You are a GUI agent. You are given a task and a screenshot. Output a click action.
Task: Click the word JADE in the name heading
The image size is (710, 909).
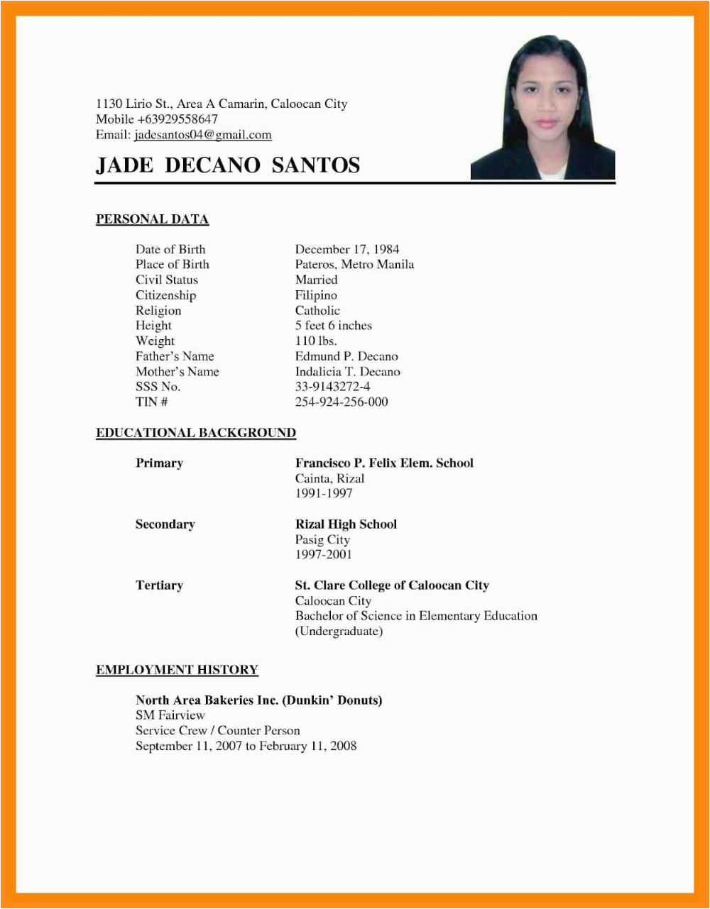click(x=124, y=165)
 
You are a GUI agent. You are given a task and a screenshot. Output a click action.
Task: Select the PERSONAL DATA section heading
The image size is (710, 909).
click(x=152, y=219)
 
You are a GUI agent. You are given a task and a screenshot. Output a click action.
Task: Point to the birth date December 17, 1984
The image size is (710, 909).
click(x=347, y=249)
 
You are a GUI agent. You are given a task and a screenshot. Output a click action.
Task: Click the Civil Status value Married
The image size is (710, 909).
click(x=316, y=280)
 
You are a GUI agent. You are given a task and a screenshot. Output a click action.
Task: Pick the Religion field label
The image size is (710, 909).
click(x=158, y=311)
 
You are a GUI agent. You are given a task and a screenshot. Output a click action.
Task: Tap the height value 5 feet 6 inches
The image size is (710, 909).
click(x=334, y=326)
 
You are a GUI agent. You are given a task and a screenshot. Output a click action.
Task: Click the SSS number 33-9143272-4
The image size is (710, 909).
click(x=332, y=387)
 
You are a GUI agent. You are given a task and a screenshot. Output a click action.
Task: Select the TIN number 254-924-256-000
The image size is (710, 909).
click(x=342, y=402)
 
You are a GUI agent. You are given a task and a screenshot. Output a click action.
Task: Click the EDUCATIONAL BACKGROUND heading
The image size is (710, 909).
click(x=196, y=433)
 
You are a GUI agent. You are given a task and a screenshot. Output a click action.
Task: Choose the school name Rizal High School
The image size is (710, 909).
click(x=346, y=524)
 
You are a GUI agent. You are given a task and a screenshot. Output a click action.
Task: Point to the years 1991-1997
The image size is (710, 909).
click(x=324, y=493)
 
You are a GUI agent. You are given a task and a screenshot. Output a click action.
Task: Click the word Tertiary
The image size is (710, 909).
click(x=159, y=585)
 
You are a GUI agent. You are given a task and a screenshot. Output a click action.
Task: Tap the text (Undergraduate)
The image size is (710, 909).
click(x=339, y=631)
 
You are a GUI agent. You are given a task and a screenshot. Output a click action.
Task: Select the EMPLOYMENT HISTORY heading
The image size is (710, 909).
click(x=177, y=670)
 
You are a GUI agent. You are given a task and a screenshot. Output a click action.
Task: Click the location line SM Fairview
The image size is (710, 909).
click(x=170, y=715)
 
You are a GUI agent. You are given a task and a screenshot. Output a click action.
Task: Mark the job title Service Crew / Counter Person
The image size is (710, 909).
click(x=218, y=730)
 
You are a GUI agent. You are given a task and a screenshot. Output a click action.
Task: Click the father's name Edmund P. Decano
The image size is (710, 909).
click(x=346, y=356)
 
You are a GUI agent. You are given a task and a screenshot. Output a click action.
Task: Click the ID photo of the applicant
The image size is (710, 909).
click(x=543, y=108)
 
